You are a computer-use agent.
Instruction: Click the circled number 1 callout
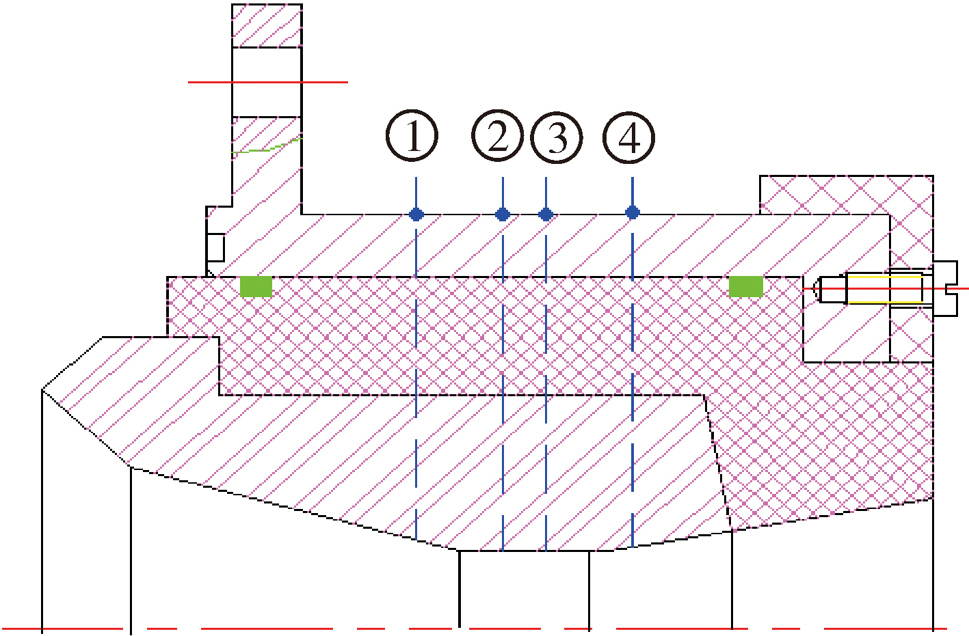[x=412, y=136]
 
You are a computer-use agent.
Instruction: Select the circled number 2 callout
[x=497, y=136]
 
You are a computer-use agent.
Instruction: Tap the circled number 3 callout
[x=557, y=138]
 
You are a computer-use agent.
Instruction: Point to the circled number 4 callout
[x=628, y=138]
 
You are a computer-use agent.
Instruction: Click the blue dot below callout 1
[x=416, y=214]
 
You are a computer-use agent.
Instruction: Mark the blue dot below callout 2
[x=502, y=214]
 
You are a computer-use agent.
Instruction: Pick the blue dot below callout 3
[x=546, y=214]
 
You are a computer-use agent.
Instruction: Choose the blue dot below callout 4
[x=633, y=212]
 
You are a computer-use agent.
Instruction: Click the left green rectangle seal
[x=256, y=287]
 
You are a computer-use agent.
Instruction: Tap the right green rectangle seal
[x=746, y=287]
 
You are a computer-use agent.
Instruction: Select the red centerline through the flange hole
[x=268, y=82]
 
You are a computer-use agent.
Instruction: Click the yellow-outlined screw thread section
[x=884, y=288]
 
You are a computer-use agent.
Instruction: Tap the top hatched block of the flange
[x=267, y=25]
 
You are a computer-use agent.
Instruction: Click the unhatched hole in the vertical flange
[x=267, y=82]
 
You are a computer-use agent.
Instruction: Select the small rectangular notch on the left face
[x=216, y=247]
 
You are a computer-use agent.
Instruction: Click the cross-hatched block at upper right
[x=846, y=195]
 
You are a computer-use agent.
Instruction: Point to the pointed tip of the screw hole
[x=813, y=288]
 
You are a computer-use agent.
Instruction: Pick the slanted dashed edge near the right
[x=718, y=462]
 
